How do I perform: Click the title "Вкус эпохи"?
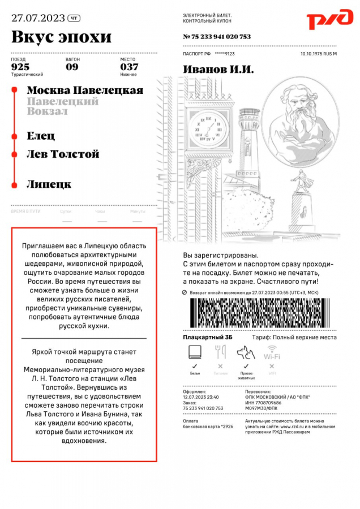click(x=61, y=37)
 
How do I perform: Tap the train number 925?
click(x=20, y=67)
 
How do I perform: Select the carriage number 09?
click(x=72, y=67)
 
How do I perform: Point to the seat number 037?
click(x=129, y=67)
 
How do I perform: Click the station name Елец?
click(x=41, y=136)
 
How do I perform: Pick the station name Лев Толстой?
click(x=63, y=154)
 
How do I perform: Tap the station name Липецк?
click(x=49, y=184)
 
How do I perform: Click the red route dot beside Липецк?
click(x=12, y=184)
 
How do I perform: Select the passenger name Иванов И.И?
click(x=218, y=70)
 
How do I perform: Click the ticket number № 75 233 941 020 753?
click(x=217, y=37)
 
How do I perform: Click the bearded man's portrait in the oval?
click(x=293, y=111)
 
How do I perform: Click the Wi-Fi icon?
click(x=272, y=353)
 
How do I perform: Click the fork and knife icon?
click(x=220, y=352)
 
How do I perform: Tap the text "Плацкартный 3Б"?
click(x=208, y=338)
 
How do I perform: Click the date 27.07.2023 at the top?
click(x=37, y=18)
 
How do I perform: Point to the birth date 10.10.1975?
click(x=311, y=54)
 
